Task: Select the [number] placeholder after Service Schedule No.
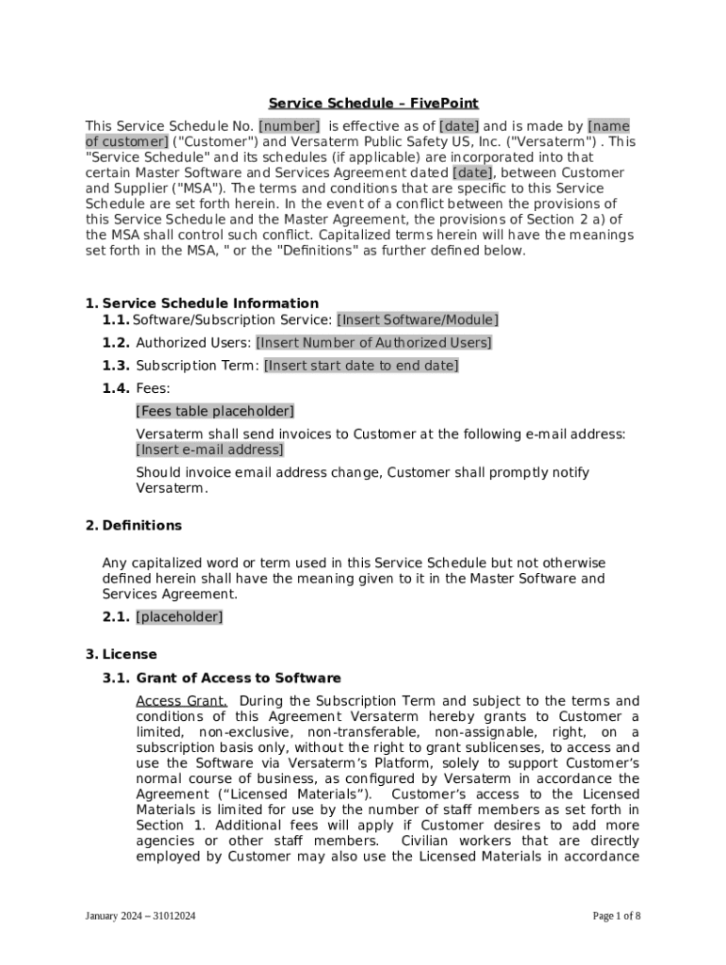289,126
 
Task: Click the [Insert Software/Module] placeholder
418,320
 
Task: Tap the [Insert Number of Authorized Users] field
373,343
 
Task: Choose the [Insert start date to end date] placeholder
361,366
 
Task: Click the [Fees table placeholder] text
215,411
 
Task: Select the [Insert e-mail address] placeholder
209,450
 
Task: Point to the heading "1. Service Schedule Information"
202,303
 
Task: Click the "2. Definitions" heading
133,525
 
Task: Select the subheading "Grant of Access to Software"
239,678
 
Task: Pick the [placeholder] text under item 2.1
179,617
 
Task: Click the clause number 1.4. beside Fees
117,388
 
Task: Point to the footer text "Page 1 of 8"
617,916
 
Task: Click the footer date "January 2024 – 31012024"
140,916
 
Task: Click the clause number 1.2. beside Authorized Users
117,343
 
